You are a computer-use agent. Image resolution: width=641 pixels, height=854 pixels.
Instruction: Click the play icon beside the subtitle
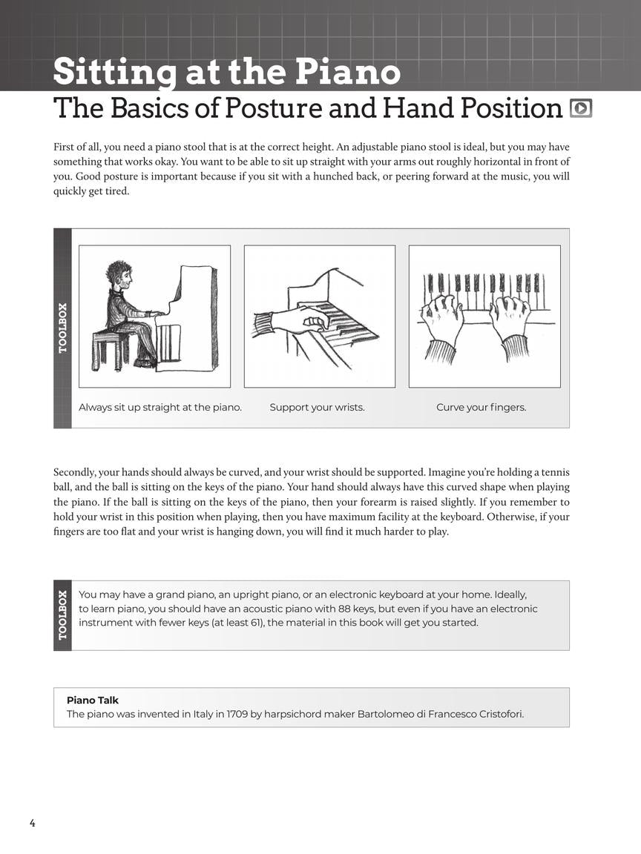pyautogui.click(x=581, y=108)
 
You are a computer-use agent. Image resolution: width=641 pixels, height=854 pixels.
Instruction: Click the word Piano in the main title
pyautogui.click(x=349, y=73)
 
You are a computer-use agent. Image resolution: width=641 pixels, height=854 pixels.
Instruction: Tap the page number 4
pyautogui.click(x=32, y=823)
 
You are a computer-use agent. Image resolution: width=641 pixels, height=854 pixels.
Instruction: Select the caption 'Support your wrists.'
pyautogui.click(x=317, y=407)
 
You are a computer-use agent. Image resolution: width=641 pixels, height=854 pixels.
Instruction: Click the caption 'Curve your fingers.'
pyautogui.click(x=481, y=407)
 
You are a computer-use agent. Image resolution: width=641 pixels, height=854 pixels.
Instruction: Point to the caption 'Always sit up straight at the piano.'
pyautogui.click(x=160, y=407)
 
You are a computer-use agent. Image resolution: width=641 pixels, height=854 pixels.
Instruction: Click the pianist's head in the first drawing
pyautogui.click(x=119, y=275)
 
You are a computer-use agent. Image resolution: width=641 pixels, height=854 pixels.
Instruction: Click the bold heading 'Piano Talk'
pyautogui.click(x=93, y=700)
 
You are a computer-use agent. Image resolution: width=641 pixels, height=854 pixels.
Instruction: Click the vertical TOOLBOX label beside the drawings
pyautogui.click(x=63, y=328)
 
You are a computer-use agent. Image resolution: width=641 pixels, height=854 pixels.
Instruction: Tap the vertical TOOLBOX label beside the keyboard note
pyautogui.click(x=63, y=615)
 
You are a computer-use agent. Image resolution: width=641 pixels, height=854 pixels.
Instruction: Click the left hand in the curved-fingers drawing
pyautogui.click(x=442, y=315)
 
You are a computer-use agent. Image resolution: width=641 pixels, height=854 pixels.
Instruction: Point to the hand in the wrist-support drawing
pyautogui.click(x=300, y=320)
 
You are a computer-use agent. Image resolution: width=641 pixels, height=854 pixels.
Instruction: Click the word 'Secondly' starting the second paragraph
pyautogui.click(x=73, y=472)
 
